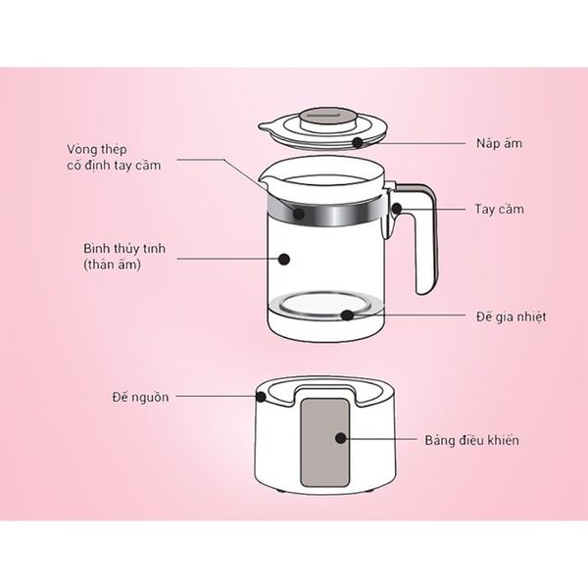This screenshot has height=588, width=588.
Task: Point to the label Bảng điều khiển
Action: (472, 440)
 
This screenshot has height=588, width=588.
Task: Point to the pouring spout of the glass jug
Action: (267, 183)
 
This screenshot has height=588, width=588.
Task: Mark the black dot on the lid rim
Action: (359, 143)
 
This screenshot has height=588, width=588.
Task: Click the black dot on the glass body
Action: (285, 259)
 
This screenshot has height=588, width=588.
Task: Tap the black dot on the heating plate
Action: (349, 316)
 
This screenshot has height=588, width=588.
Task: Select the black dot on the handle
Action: (397, 209)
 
